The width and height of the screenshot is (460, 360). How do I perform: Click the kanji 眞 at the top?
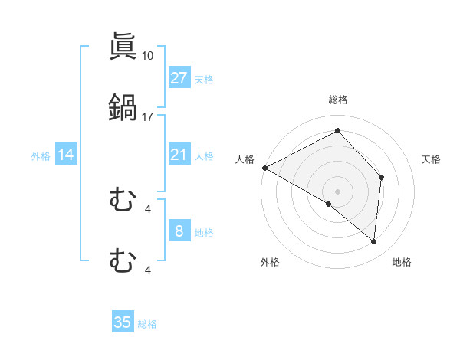point(123,47)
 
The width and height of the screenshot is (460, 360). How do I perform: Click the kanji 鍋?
point(123,108)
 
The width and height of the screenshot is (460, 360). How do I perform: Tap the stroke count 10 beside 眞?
point(148,56)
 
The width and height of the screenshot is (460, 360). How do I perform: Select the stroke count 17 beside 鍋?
point(148,117)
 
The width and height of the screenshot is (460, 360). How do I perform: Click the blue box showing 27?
point(179,78)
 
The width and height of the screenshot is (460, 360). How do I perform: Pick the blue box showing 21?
point(179,155)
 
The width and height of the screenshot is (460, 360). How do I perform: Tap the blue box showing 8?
point(179,231)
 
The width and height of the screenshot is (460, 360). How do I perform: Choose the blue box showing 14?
point(66,155)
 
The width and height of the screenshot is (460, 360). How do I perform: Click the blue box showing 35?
point(123,322)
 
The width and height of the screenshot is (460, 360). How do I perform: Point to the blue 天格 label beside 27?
point(204,79)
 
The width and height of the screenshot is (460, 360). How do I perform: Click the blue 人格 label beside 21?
point(204,155)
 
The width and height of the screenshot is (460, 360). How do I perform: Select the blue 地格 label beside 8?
point(204,232)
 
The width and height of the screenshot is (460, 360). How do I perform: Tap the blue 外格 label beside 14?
point(41,155)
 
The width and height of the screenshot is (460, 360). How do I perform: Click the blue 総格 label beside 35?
point(147,323)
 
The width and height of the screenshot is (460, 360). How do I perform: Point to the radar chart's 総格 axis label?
point(337,100)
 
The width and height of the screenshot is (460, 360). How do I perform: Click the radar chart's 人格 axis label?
point(245,159)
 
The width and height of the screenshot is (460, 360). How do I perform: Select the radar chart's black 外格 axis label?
point(270,262)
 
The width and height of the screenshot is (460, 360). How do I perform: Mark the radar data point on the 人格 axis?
point(264,168)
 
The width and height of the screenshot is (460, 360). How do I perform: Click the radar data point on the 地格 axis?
point(374,242)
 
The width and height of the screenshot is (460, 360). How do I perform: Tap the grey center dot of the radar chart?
point(337,191)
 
